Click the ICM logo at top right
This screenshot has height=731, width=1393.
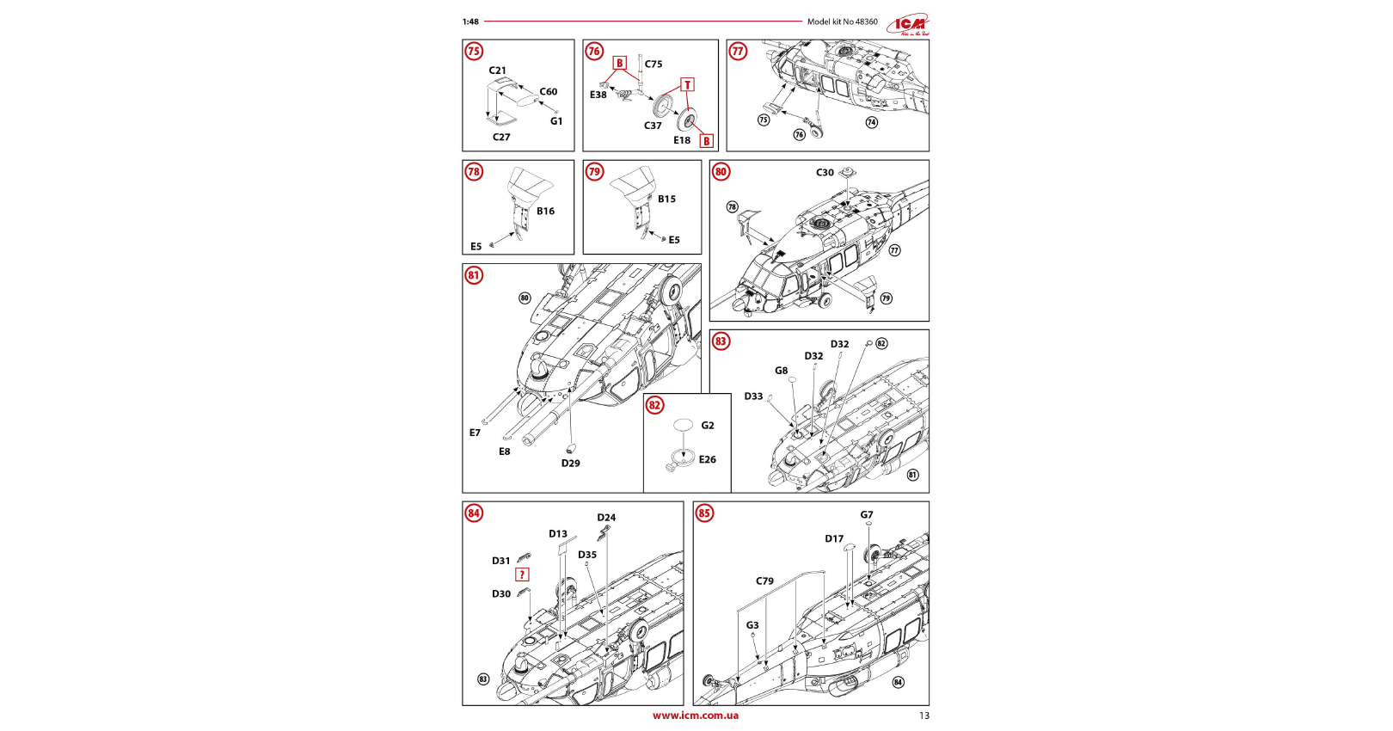coord(908,24)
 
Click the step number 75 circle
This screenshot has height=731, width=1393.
coord(474,52)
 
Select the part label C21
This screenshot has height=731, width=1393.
coord(498,71)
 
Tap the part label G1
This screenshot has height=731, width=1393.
coord(556,121)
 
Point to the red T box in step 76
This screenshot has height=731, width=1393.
coord(687,84)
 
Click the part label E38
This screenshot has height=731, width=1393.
coord(598,95)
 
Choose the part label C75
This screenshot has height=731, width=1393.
coord(654,64)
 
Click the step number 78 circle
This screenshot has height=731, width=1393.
coord(474,172)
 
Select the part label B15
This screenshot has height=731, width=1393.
coord(666,199)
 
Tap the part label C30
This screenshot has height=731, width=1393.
coord(825,173)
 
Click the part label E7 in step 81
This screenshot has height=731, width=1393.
coord(475,433)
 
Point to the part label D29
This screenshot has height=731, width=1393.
coord(571,463)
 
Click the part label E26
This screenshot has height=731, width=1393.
coord(707,459)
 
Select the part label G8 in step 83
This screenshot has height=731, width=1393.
coord(781,371)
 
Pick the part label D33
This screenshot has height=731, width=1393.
coord(753,396)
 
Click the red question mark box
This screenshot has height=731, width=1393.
coord(522,574)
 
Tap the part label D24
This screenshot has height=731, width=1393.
coord(606,518)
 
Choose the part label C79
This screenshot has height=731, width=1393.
coord(764,581)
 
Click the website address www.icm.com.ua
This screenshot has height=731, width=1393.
coord(695,716)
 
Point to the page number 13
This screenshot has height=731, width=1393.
coord(924,716)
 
